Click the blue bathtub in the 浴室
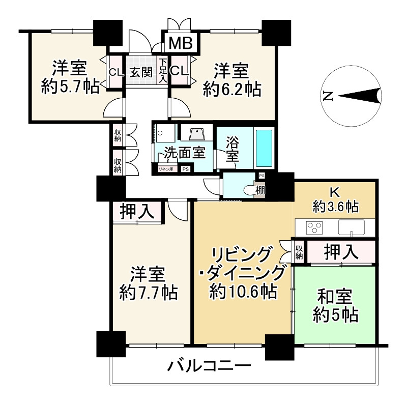[x=264, y=148]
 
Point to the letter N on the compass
[x=328, y=96]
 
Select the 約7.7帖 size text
[x=149, y=292]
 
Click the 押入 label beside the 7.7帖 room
[x=137, y=211]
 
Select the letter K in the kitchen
[x=335, y=193]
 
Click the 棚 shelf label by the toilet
[x=260, y=191]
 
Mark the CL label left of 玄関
[x=116, y=72]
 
